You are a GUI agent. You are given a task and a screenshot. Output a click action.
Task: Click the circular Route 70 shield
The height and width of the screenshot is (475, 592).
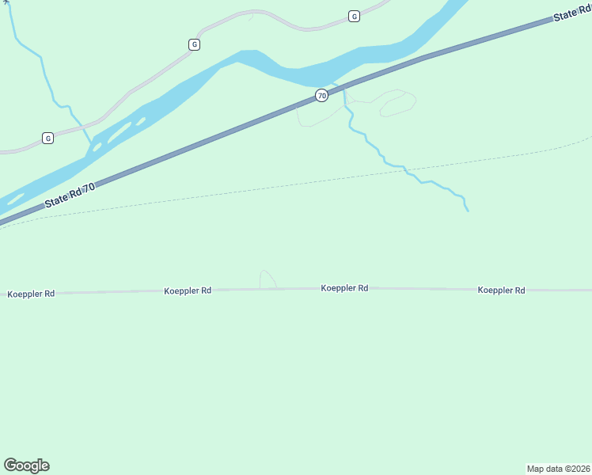[321, 95]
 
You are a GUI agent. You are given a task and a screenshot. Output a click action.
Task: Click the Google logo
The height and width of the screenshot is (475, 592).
[26, 465]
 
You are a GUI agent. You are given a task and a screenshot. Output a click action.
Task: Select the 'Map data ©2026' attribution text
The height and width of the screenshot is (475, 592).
[559, 468]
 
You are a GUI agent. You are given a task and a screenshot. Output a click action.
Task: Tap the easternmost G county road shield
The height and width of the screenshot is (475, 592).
[354, 16]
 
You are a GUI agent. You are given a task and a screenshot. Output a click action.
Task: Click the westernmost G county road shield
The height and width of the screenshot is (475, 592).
[48, 138]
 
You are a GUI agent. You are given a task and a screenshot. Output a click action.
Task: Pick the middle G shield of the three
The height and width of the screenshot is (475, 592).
[194, 44]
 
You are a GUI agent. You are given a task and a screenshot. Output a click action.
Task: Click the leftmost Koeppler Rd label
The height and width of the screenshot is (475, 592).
[31, 294]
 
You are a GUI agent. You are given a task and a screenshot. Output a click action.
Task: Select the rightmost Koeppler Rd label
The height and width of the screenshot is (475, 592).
[501, 291]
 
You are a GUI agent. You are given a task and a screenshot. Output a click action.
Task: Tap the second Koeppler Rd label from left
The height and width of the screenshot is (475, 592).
[188, 291]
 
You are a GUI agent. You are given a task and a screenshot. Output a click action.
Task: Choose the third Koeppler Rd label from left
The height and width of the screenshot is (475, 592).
[344, 288]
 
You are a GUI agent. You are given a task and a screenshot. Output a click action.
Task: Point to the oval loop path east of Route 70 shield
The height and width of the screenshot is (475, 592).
[397, 103]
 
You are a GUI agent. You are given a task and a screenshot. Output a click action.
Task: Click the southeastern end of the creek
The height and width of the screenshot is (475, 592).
[468, 211]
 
